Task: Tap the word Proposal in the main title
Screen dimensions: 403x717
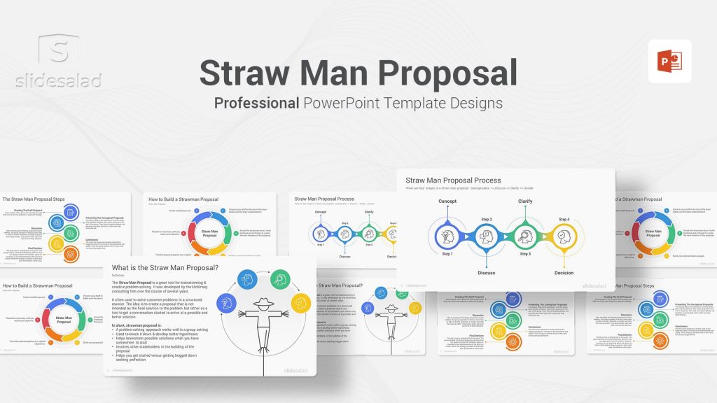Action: (x=449, y=73)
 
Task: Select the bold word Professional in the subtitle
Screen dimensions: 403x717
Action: (x=257, y=103)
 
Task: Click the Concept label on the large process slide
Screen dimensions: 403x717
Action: (x=447, y=201)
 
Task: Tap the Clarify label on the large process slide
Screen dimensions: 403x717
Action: (x=525, y=201)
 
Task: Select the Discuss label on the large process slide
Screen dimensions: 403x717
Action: (x=487, y=273)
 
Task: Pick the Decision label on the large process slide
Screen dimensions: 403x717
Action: (x=564, y=273)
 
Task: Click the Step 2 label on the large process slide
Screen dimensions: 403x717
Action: (x=487, y=220)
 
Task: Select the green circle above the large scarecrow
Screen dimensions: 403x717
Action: (x=281, y=280)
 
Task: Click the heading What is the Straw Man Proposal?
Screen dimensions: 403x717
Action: (x=165, y=269)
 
